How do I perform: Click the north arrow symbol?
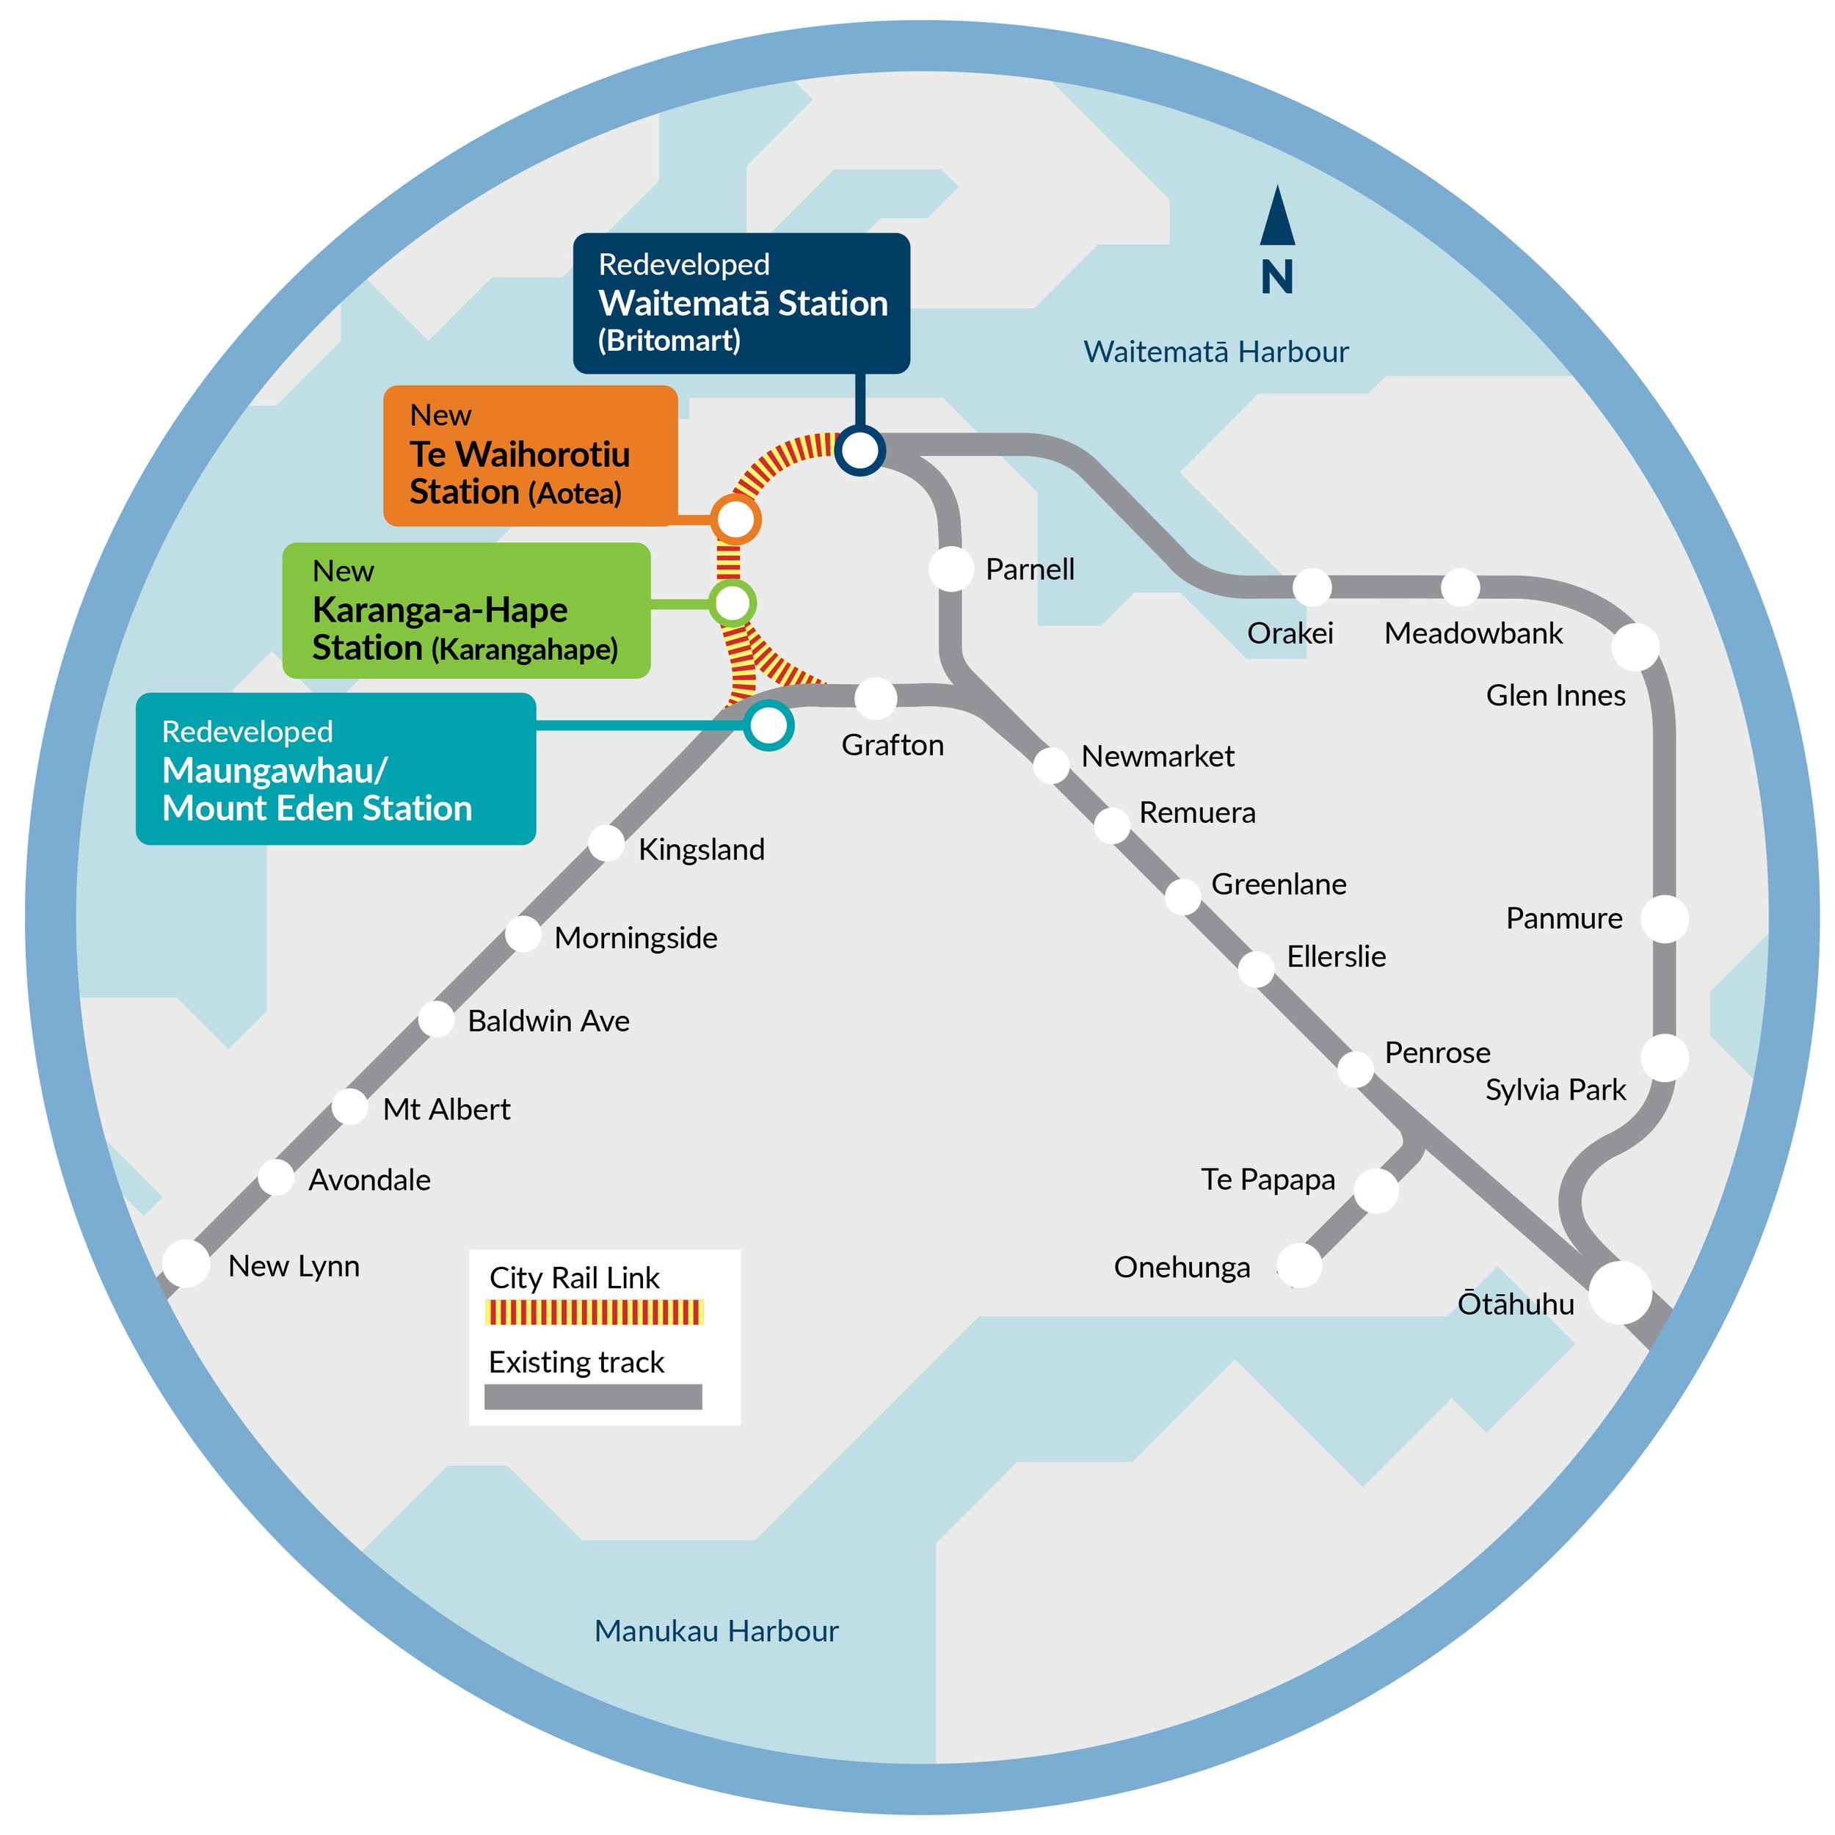(1277, 240)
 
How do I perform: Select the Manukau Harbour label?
(716, 1631)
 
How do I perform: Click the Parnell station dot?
(951, 569)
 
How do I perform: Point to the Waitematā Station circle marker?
(860, 450)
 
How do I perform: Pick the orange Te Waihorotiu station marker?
(735, 520)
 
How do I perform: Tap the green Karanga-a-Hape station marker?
(733, 602)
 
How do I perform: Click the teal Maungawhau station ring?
(768, 726)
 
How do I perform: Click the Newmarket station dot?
(1051, 765)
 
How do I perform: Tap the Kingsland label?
(701, 850)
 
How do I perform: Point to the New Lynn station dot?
(186, 1264)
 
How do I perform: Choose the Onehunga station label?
(1182, 1268)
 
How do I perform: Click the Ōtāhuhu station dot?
(1621, 1292)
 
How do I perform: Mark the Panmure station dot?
(1664, 918)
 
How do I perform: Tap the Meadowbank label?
(1473, 633)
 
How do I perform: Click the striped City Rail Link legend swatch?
(594, 1312)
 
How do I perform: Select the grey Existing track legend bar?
(594, 1397)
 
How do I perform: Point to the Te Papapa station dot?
(1376, 1190)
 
